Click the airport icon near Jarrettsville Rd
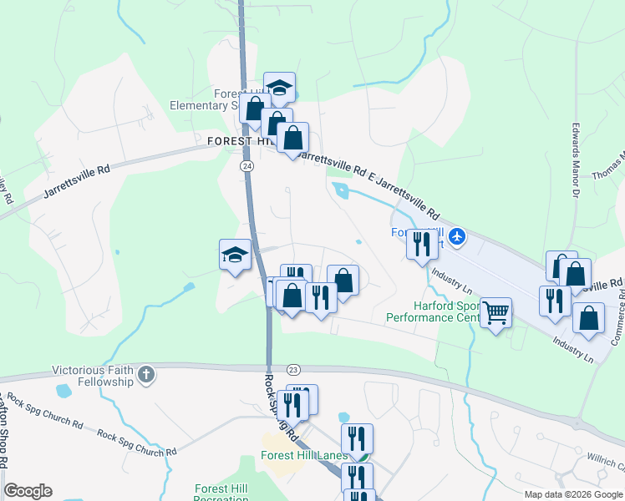point(456,237)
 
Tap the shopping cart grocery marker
point(496,313)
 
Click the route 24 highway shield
point(247,166)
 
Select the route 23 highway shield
point(292,369)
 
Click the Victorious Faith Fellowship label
point(93,376)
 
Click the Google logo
point(28,491)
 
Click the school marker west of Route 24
point(236,256)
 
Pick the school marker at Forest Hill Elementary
point(279,88)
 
